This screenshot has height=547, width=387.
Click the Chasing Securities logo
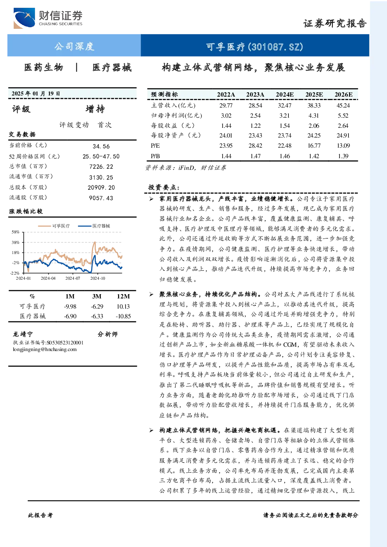coord(48,18)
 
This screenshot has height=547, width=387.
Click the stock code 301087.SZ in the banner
coord(276,47)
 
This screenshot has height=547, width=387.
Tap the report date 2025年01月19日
coord(36,94)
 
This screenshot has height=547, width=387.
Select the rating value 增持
coord(95,109)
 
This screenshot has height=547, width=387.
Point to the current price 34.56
coord(101,146)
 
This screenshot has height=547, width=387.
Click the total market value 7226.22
coord(101,167)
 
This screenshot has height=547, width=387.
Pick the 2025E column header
coord(314,95)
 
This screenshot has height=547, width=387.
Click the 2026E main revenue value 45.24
coord(343,106)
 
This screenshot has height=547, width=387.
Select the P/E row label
coord(156,146)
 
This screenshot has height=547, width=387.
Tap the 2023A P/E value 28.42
coord(255,146)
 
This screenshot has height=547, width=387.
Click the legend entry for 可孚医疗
coord(54,226)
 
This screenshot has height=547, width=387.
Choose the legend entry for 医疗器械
coord(94,226)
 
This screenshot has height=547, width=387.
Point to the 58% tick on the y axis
coord(15,232)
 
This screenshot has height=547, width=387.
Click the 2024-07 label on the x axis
coord(72,278)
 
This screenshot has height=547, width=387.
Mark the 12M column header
coord(124,296)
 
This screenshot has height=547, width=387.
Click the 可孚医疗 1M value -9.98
coord(70,307)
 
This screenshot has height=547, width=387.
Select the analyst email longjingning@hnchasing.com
coord(45,349)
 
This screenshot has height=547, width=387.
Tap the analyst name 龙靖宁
coord(23,334)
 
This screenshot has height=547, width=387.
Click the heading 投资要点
coord(164,187)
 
